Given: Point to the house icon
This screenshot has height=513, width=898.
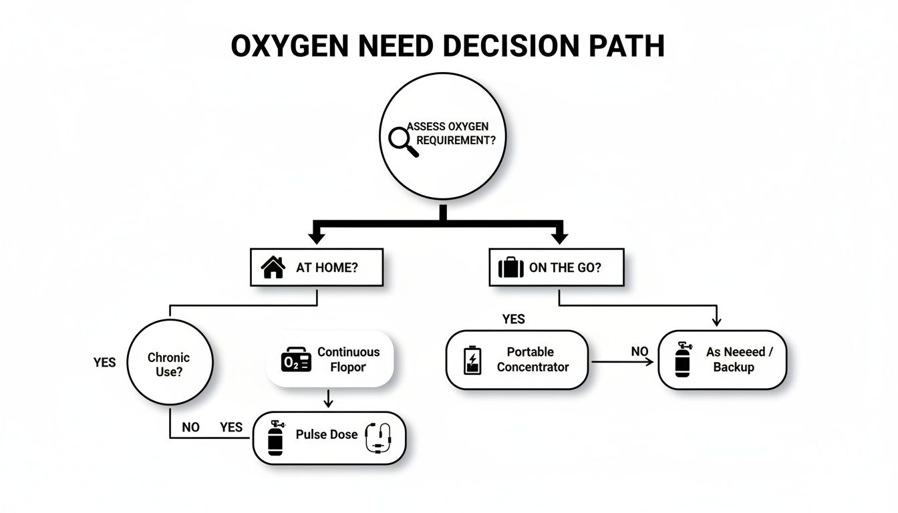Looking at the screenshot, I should pos(273,268).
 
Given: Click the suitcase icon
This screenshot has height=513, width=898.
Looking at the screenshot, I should pos(511,268).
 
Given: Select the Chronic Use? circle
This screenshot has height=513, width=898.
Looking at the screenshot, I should pos(169,365).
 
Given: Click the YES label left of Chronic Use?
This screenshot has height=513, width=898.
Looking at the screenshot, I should pos(104,363).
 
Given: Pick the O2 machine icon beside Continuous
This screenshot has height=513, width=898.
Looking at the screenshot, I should pos(296,360).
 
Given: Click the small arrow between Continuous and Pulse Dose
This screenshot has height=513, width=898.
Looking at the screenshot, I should pos(328,399).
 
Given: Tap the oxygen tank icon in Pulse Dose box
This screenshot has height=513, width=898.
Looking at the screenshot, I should pos(275,438).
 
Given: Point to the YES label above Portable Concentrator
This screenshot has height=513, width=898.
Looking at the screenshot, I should pos(513,319).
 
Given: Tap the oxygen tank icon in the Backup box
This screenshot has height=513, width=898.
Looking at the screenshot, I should pos(682,360).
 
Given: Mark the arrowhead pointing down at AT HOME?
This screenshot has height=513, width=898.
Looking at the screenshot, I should pos(317,236).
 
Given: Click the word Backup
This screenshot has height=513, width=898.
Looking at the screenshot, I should pos(733,367).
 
